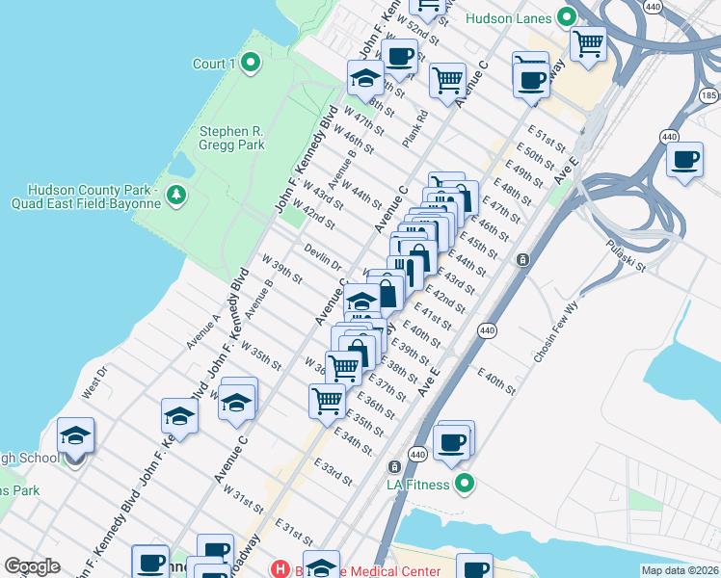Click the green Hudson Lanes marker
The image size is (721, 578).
567,17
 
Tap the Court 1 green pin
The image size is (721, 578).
251,65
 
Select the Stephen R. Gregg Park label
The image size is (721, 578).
231,138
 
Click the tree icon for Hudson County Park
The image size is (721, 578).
175,196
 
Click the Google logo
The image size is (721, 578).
32,567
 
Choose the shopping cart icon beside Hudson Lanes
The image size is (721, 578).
588,42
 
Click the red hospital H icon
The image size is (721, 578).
280,568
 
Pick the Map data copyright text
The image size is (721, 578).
679,570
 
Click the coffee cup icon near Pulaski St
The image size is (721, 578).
685,159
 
